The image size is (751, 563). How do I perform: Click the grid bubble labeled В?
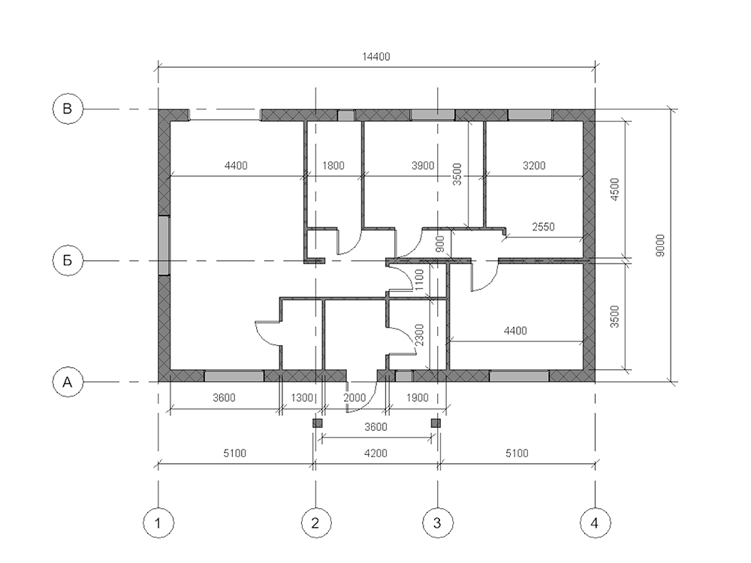[x=68, y=109]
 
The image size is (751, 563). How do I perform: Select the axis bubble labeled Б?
[x=68, y=260]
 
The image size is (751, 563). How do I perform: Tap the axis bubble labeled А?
[x=68, y=382]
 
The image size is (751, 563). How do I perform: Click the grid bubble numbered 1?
[x=158, y=522]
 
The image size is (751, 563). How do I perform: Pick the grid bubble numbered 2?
[x=315, y=522]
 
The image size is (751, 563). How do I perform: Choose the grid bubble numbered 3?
[x=437, y=522]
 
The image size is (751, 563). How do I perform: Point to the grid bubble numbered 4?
[x=595, y=522]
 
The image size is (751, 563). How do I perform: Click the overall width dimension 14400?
[x=376, y=57]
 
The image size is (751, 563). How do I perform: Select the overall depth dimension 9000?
[x=660, y=245]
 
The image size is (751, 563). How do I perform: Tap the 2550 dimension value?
[x=544, y=227]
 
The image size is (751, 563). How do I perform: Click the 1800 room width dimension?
[x=333, y=166]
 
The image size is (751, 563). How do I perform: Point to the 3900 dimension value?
[x=423, y=166]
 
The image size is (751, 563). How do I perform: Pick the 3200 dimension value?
[x=534, y=166]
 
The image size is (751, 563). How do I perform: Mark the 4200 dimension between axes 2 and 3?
[x=376, y=453]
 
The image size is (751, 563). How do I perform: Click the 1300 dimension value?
[x=302, y=397]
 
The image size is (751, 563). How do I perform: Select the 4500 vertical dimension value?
[x=615, y=189]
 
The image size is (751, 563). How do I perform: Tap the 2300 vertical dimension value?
[x=419, y=335]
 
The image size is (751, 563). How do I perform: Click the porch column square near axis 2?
[x=317, y=423]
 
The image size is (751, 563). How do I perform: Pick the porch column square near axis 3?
[x=436, y=423]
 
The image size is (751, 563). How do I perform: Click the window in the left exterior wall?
[x=164, y=245]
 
